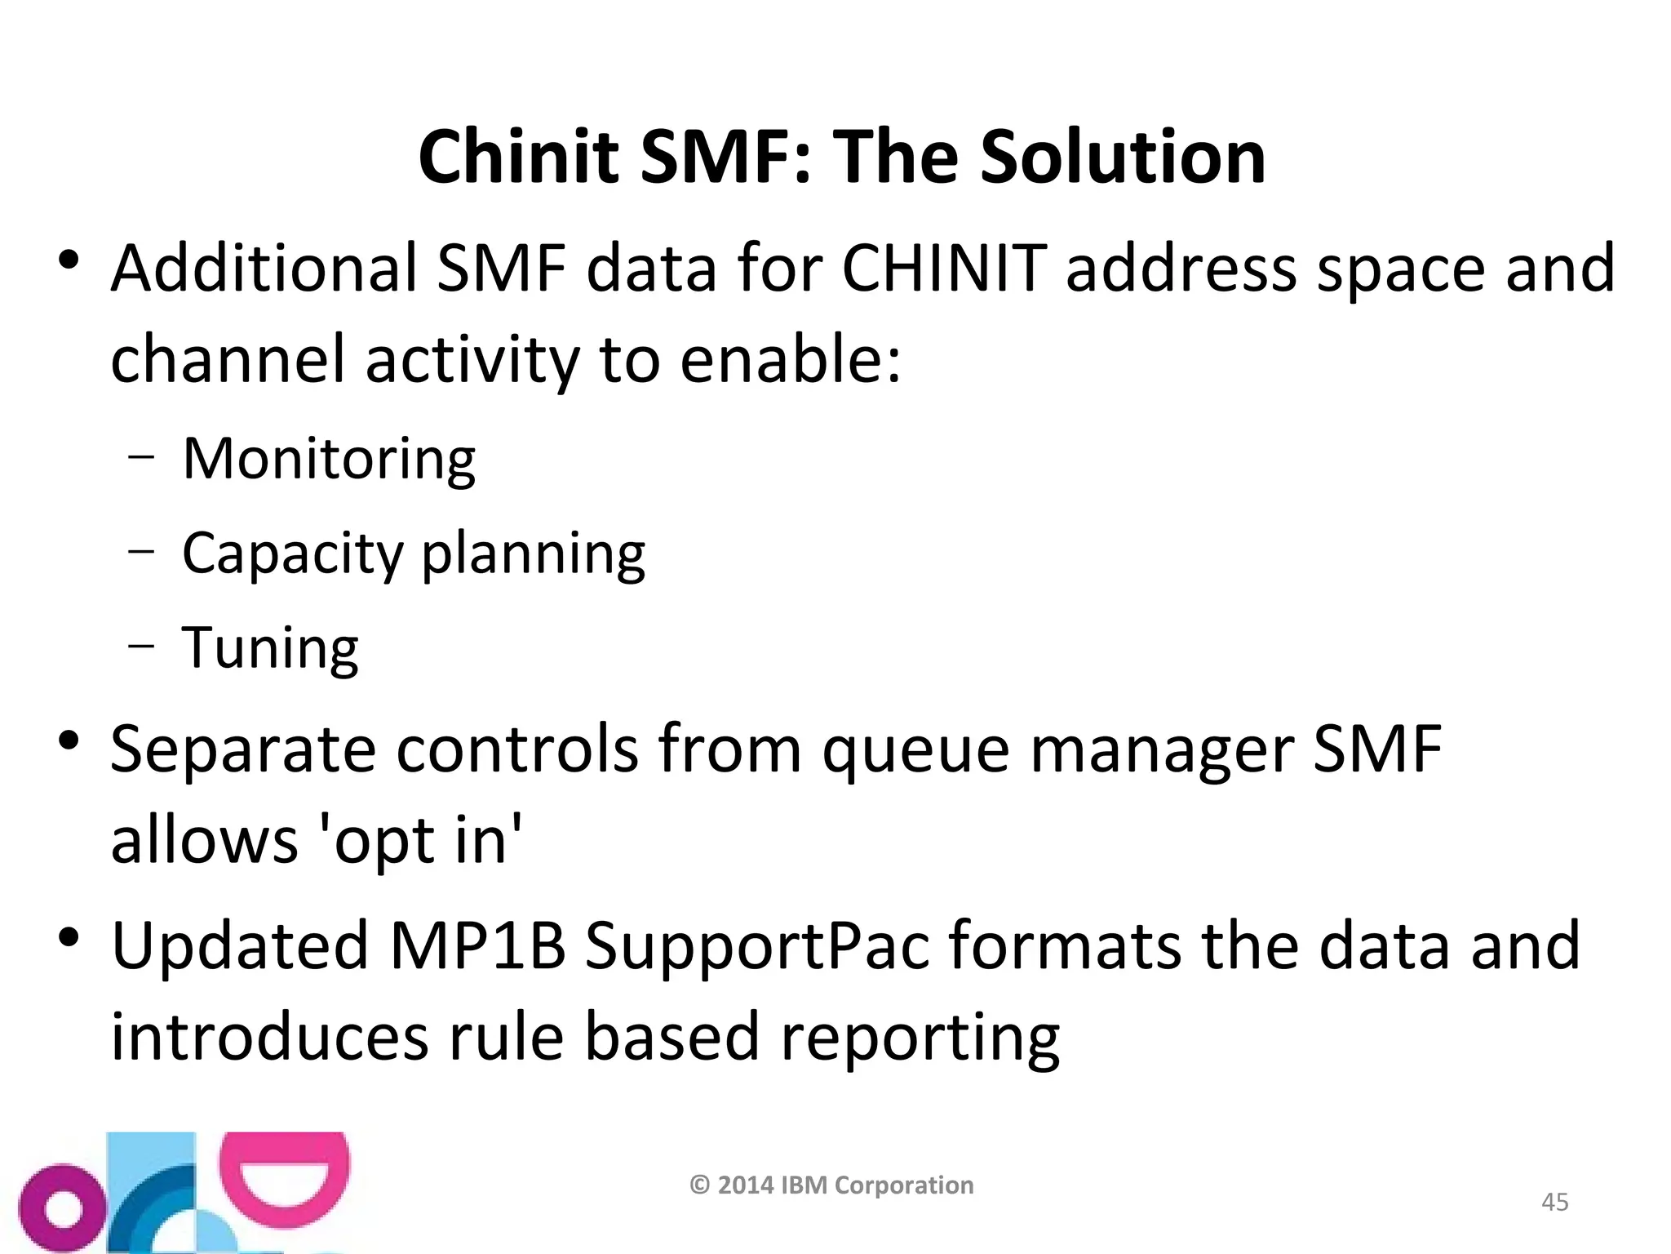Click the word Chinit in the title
(518, 157)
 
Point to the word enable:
(790, 360)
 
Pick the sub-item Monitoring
(329, 459)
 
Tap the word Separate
(242, 749)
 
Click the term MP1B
(478, 945)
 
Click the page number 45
(1554, 1202)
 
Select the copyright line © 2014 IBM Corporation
(831, 1185)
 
